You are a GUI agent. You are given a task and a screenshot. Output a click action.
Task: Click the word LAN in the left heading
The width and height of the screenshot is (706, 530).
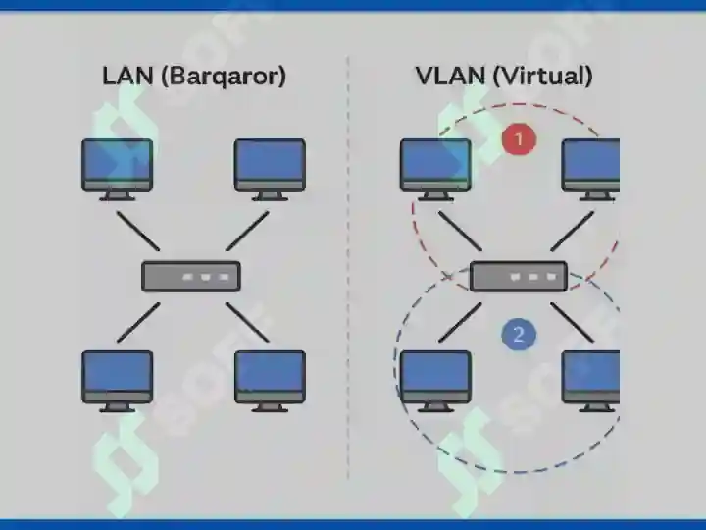click(127, 76)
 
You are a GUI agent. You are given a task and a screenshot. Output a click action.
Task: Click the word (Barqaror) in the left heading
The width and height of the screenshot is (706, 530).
click(224, 77)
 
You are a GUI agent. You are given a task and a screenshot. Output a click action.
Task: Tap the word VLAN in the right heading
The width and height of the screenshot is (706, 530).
click(450, 76)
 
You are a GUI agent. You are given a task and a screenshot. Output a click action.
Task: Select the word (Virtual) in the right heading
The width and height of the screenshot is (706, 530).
click(542, 77)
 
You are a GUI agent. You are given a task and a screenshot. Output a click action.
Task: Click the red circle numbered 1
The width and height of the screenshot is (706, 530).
click(519, 139)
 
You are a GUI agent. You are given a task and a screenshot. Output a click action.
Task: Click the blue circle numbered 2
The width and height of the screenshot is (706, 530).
click(519, 335)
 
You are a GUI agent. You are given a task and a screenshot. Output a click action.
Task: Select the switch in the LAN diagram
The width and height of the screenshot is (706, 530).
click(191, 276)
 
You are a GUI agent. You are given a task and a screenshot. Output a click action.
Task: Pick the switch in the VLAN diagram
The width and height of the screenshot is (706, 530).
click(519, 276)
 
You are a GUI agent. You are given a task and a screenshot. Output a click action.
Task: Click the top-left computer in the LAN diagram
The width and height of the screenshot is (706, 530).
click(117, 170)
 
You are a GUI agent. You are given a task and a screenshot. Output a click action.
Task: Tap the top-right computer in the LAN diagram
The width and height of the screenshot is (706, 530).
click(271, 170)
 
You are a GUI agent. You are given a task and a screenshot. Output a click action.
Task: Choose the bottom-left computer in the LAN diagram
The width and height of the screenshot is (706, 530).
click(117, 381)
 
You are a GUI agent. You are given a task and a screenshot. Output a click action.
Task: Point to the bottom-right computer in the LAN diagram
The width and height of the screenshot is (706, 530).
click(271, 381)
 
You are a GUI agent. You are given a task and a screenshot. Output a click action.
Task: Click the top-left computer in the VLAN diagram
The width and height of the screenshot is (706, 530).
click(435, 170)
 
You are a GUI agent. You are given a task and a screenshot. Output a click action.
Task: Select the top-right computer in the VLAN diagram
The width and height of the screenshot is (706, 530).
click(590, 170)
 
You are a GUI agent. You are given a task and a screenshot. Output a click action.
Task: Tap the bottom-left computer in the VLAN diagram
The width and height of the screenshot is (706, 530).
click(435, 381)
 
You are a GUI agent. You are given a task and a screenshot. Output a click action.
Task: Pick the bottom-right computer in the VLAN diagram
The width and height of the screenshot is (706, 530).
click(590, 381)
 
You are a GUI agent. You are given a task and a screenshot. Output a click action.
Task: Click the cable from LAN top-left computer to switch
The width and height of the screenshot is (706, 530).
click(138, 231)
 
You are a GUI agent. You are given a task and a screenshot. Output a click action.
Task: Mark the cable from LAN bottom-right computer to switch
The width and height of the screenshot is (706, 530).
click(248, 322)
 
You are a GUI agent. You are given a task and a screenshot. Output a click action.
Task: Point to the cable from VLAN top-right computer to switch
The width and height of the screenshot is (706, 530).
click(573, 231)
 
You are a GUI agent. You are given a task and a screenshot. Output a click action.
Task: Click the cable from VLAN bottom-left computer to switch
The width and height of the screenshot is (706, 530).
click(460, 322)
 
